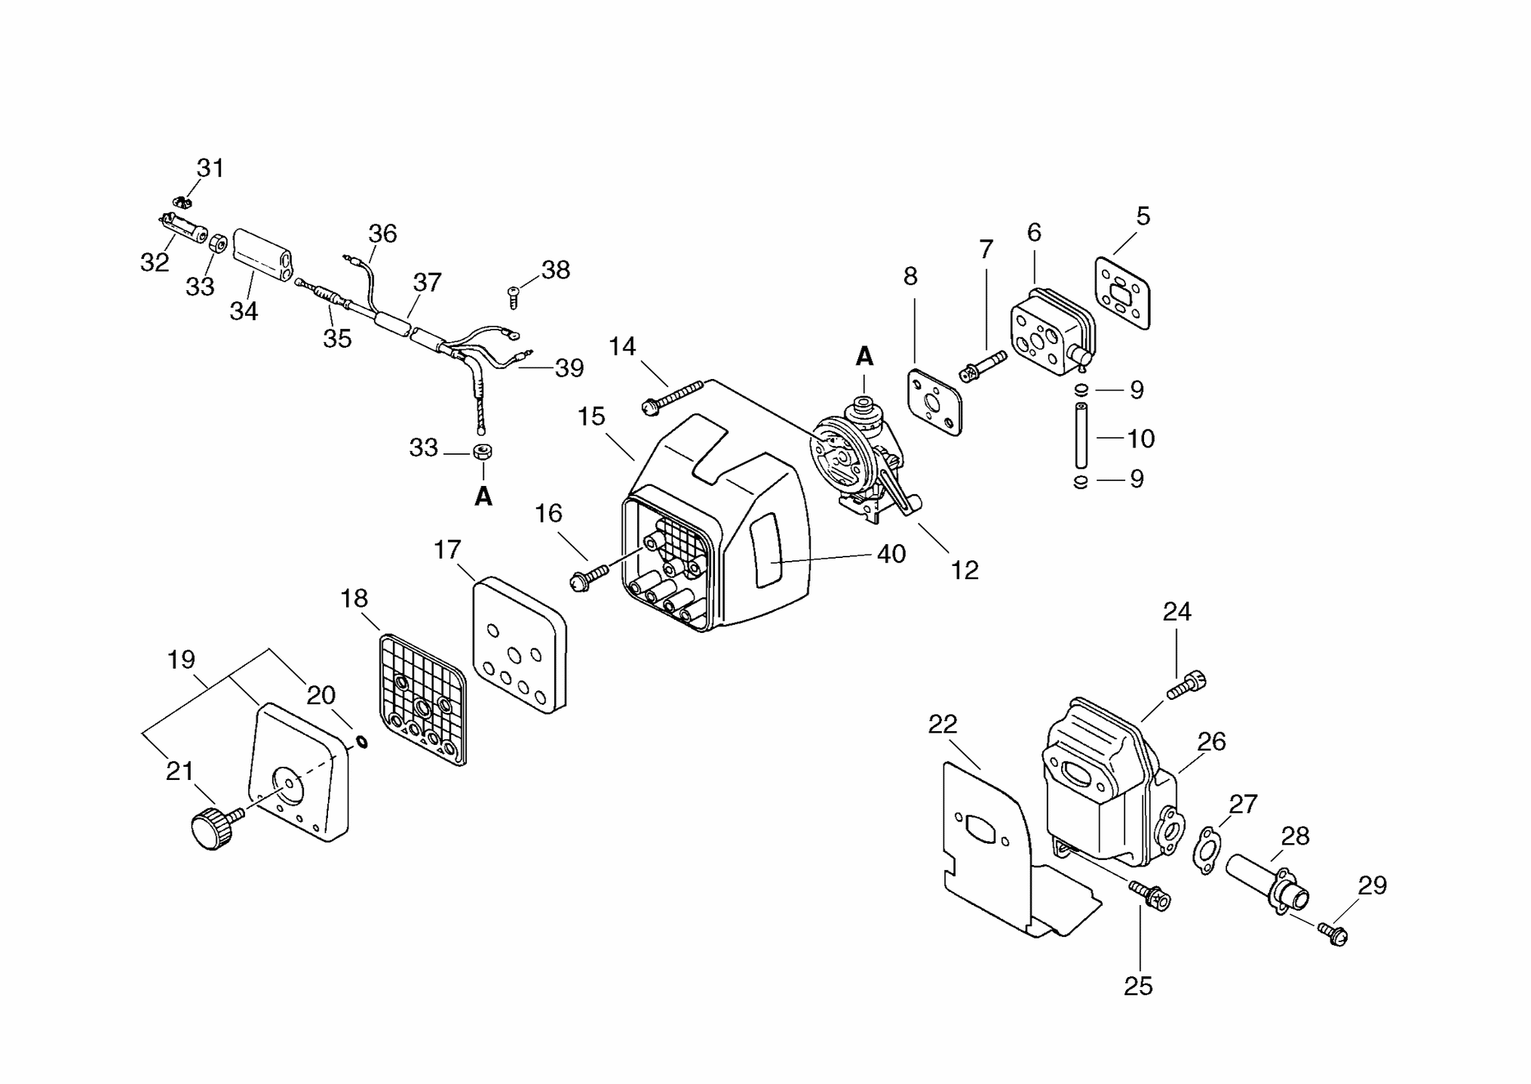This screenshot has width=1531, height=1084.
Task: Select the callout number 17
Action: (x=447, y=549)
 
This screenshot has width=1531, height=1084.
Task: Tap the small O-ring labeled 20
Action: (x=361, y=741)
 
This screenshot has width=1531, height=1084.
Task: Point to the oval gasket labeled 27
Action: (x=1207, y=850)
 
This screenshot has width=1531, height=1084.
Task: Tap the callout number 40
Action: (x=891, y=554)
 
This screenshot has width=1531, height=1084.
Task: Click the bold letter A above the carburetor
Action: (x=864, y=356)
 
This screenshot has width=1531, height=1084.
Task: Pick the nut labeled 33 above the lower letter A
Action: (x=482, y=452)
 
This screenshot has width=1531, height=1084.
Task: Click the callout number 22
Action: (x=943, y=724)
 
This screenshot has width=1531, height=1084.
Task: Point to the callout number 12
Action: (x=964, y=570)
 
